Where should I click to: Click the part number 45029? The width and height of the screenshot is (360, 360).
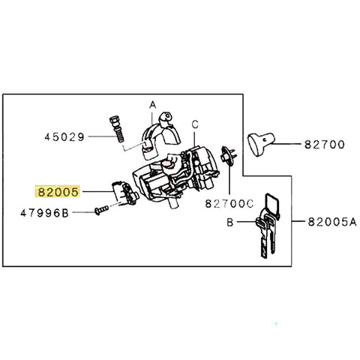click(64, 137)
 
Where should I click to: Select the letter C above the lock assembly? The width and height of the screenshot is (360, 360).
click(194, 123)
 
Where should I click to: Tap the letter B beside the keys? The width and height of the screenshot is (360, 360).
click(232, 223)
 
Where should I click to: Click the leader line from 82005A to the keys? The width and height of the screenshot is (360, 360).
click(292, 222)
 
